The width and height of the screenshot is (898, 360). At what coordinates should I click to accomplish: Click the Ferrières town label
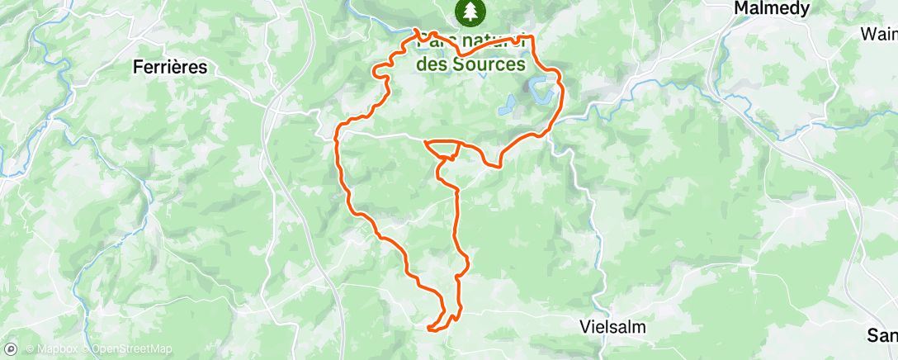(170, 68)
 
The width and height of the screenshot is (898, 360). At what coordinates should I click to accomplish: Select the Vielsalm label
(612, 326)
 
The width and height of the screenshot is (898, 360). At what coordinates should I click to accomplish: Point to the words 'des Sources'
(470, 64)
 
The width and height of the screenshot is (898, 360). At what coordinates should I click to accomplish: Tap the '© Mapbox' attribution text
(52, 348)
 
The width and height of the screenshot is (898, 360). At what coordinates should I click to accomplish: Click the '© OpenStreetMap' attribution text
(127, 348)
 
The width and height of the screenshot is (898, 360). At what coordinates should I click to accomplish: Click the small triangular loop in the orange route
(444, 148)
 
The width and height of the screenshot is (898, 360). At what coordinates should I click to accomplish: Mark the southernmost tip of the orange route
(430, 329)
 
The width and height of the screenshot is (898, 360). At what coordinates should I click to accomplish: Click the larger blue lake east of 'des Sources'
(542, 89)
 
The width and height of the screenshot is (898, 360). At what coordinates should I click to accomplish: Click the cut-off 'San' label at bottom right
(881, 335)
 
